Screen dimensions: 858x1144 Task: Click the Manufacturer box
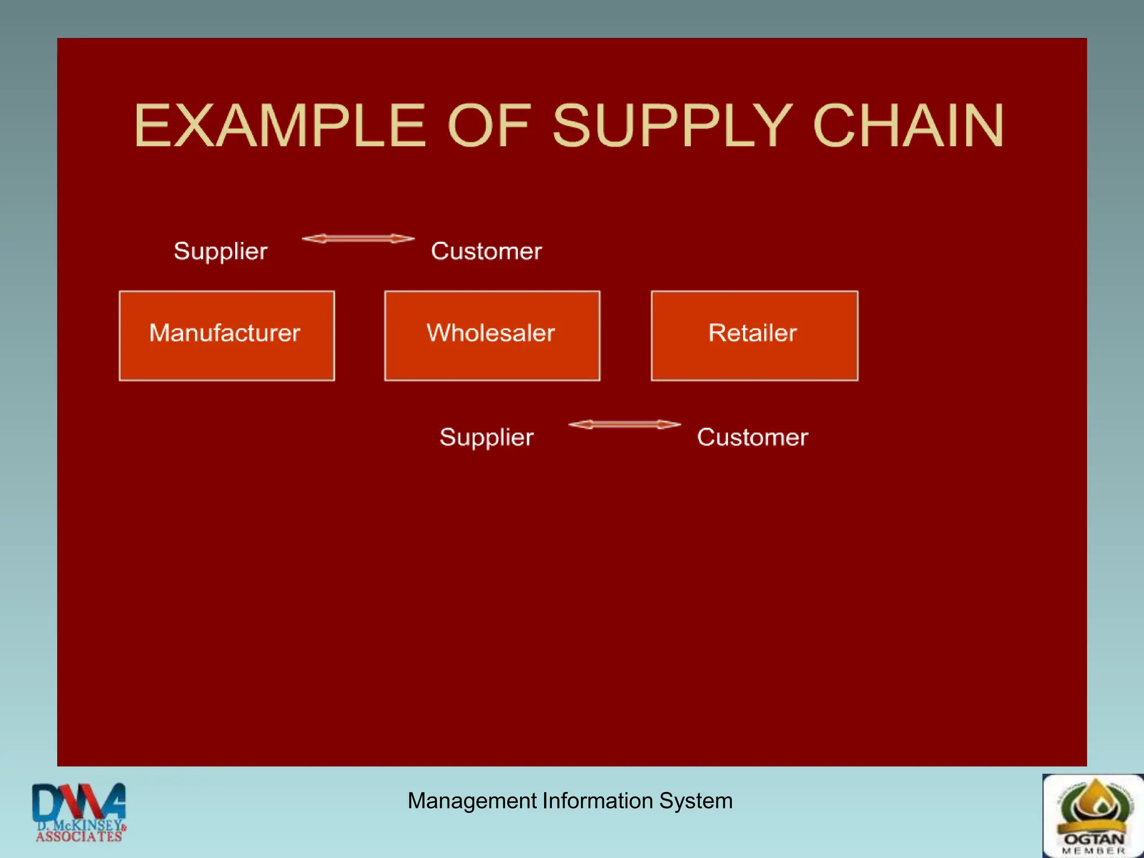tap(227, 335)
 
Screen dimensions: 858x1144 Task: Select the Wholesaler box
tap(492, 335)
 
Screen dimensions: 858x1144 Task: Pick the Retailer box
tap(754, 335)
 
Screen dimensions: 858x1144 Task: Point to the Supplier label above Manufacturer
tap(221, 251)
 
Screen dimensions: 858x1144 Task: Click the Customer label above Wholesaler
tap(486, 251)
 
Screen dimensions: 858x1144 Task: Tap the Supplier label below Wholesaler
tap(487, 437)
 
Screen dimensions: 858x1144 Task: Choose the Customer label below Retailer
tap(752, 437)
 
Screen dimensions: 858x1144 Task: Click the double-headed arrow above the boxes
tap(358, 239)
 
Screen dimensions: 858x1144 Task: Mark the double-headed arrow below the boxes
tap(625, 425)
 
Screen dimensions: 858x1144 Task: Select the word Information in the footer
tap(598, 801)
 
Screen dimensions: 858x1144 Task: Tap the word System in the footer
tap(695, 801)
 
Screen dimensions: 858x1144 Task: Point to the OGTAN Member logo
tap(1093, 816)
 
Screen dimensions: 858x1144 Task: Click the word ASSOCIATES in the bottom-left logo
tap(79, 837)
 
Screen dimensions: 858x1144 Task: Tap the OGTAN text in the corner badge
tap(1094, 839)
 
